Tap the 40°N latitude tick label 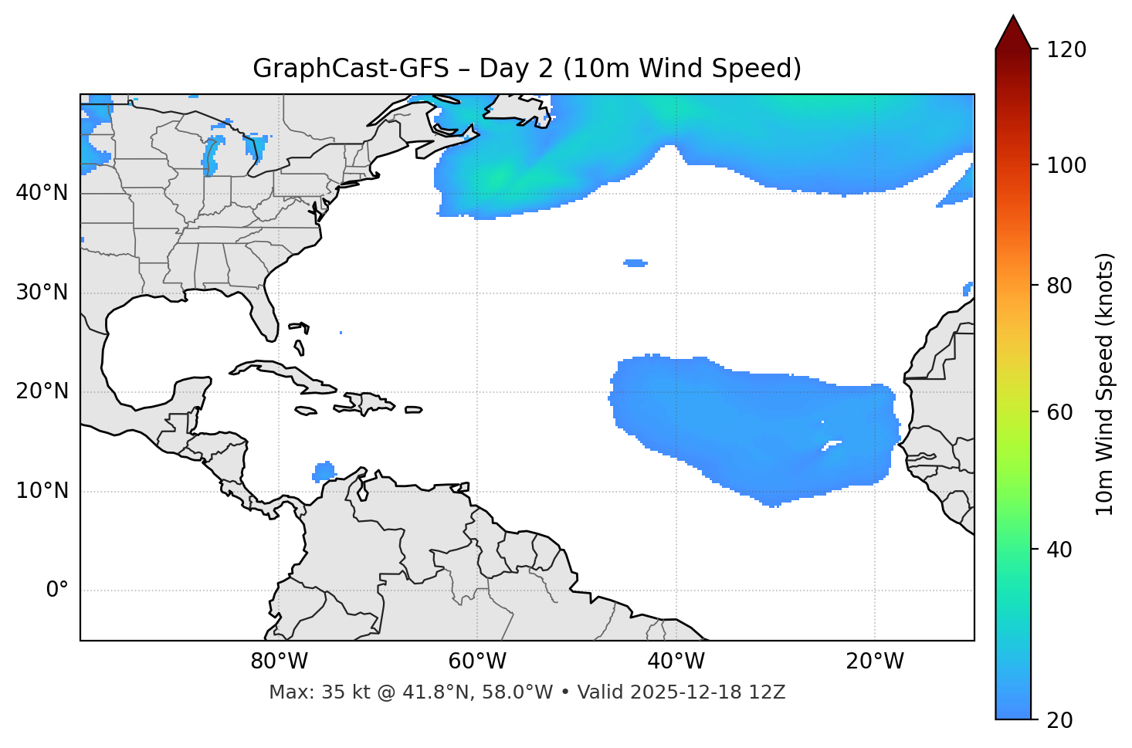click(42, 193)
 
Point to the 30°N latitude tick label click(42, 293)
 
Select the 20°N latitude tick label click(42, 391)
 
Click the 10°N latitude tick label click(42, 491)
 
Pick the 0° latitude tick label click(57, 591)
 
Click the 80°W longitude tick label click(279, 662)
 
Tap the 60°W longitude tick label click(477, 662)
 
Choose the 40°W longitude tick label click(676, 662)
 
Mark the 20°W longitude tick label click(874, 662)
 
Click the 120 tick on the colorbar click(1066, 50)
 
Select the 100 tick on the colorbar click(1066, 165)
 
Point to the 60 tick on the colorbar click(1061, 412)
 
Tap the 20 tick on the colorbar click(1061, 720)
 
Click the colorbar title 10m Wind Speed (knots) click(1105, 384)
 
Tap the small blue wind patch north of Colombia click(324, 471)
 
